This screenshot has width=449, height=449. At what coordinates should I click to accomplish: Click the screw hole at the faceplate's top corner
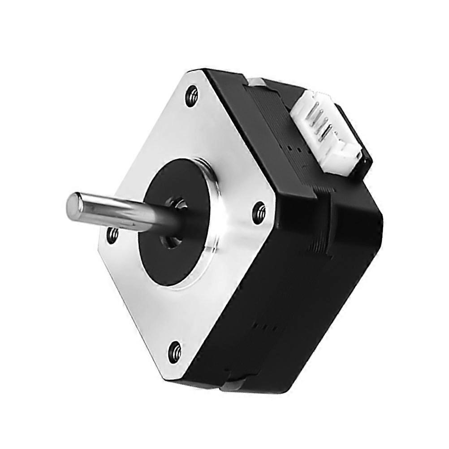(192, 95)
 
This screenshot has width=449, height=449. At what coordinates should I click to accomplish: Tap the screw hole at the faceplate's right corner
(259, 212)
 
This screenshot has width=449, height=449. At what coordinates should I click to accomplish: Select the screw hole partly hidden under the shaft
(112, 233)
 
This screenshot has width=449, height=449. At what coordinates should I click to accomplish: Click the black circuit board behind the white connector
(358, 139)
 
